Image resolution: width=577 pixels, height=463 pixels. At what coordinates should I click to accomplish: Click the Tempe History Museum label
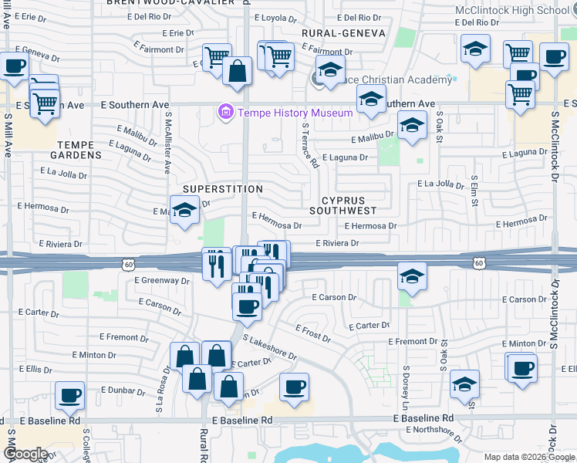coord(295,113)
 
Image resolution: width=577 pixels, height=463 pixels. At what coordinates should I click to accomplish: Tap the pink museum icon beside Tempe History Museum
coord(226,113)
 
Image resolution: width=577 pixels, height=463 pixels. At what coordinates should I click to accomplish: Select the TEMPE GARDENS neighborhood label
coord(79,150)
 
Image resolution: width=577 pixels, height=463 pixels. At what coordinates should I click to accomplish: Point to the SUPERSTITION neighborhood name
coord(223,189)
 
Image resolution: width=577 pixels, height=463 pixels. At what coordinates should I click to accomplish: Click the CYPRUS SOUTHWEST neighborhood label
coord(343,204)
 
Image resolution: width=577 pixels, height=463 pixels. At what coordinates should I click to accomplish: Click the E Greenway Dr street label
coord(162,281)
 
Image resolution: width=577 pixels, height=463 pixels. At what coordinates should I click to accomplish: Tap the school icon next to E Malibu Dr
coord(412,127)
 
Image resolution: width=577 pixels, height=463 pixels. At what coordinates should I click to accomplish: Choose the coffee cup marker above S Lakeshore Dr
coord(247,306)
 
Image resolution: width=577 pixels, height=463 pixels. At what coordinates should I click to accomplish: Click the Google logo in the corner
coord(25,454)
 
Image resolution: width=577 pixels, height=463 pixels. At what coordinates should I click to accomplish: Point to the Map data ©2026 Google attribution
coord(529,457)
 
